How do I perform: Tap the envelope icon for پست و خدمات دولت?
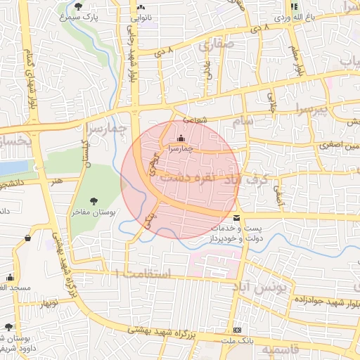click(x=236, y=218)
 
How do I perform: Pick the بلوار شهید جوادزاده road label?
click(x=315, y=302)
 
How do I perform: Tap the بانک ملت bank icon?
click(x=238, y=330)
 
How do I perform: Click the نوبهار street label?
click(x=49, y=303)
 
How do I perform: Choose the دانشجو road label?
click(x=14, y=184)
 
